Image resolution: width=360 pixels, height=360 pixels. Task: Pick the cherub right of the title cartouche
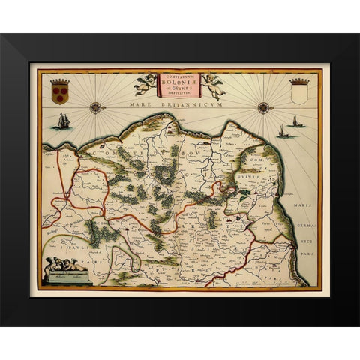214,85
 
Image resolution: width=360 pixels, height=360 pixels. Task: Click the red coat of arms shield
59,93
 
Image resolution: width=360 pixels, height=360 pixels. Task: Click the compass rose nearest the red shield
95,107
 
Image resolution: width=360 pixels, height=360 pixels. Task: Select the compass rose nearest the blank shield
264,107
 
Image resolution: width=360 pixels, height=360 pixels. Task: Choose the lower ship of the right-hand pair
283,132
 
